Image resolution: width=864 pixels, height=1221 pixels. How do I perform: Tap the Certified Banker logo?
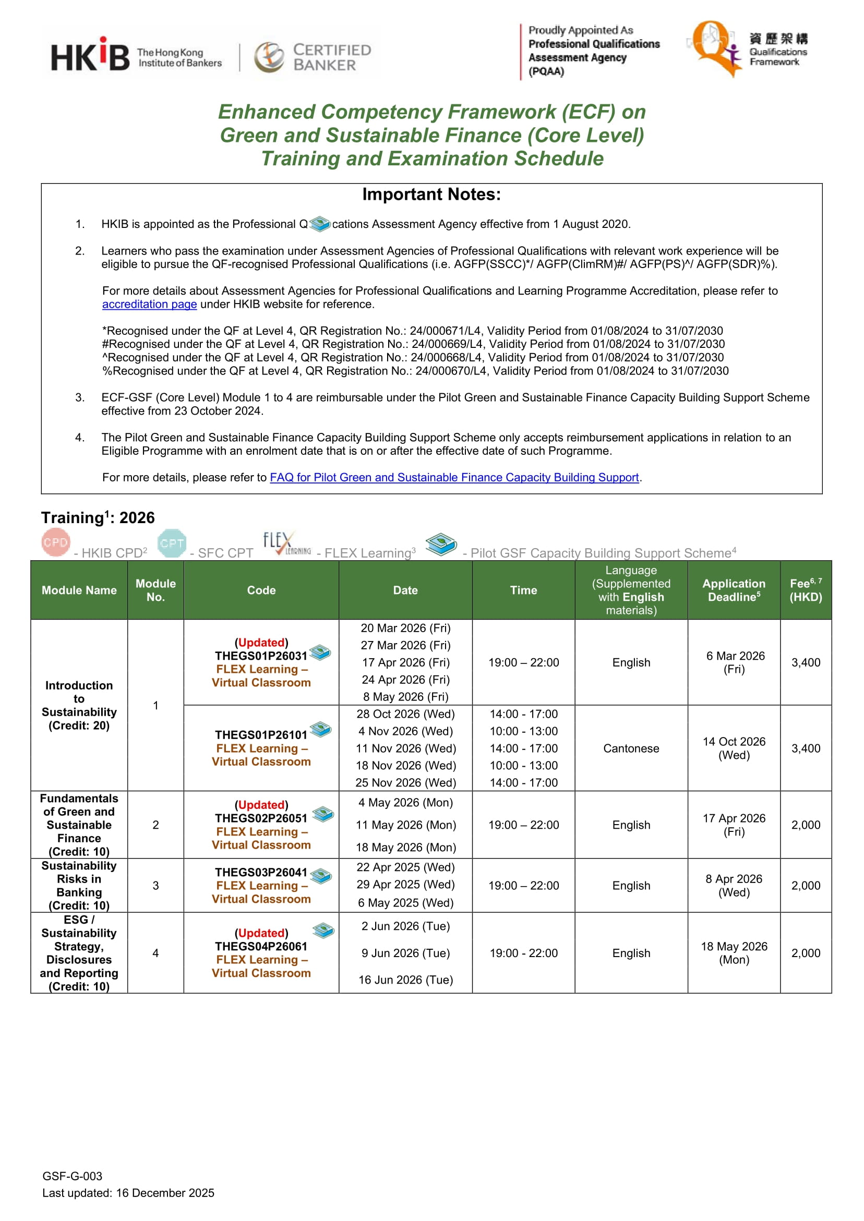(x=313, y=57)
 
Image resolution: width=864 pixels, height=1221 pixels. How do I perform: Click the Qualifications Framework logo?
(x=747, y=49)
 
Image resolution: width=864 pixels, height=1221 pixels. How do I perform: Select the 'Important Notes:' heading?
(x=431, y=195)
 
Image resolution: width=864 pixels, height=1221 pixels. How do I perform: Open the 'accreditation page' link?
(x=150, y=304)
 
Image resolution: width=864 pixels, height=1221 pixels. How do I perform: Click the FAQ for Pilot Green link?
(x=454, y=478)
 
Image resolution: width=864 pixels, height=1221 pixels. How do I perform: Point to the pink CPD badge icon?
(x=55, y=542)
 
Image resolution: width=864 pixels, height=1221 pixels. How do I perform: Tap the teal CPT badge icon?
(x=172, y=543)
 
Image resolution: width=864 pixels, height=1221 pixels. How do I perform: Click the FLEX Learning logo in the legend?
(x=287, y=543)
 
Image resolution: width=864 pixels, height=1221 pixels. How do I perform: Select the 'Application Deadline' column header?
(x=734, y=590)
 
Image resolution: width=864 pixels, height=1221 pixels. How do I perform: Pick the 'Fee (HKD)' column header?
(x=806, y=590)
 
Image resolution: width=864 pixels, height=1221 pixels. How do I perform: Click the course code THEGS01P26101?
(x=261, y=735)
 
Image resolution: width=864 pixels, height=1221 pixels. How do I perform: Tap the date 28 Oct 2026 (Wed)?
(x=405, y=714)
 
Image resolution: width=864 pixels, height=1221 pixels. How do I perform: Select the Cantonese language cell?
(x=631, y=748)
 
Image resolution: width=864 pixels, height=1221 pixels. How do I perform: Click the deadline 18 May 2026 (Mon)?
(x=734, y=953)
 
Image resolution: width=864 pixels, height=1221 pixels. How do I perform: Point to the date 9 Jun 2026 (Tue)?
(x=405, y=953)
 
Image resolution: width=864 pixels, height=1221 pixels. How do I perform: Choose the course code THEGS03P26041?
(x=261, y=873)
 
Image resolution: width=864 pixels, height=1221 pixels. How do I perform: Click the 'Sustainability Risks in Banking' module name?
(x=79, y=886)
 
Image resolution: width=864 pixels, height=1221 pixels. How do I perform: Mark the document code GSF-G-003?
(x=73, y=1176)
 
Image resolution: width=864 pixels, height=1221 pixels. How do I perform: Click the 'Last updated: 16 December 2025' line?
(x=128, y=1193)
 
